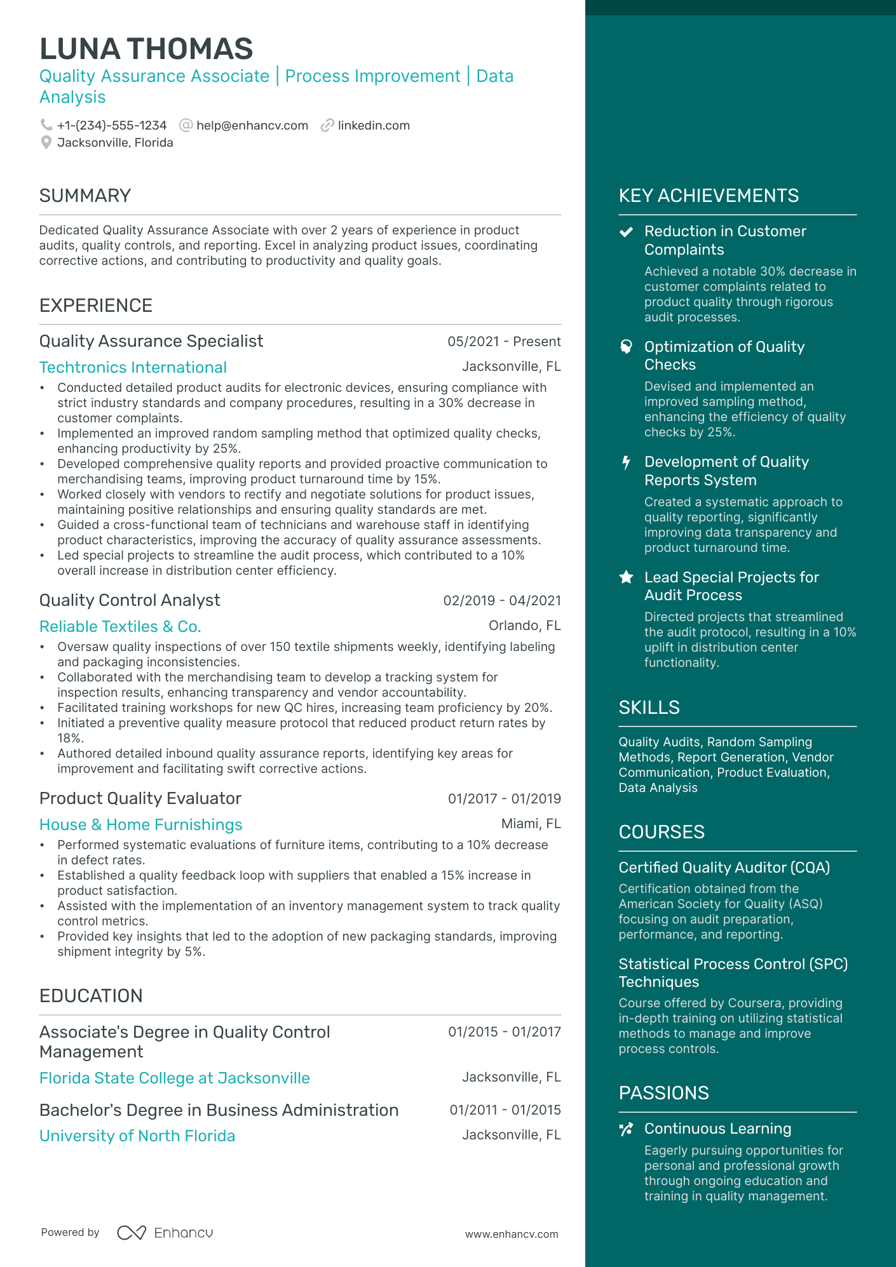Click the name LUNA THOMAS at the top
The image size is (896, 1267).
coord(146,49)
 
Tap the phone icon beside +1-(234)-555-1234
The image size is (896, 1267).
coord(46,125)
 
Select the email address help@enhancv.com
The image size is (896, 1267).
coord(252,126)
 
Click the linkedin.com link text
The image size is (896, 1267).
coord(374,126)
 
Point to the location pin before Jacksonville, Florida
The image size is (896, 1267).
coord(46,143)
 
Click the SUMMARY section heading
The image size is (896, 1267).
coord(85,196)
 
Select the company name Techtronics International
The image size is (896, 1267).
coord(133,368)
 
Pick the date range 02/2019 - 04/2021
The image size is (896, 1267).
coord(502,601)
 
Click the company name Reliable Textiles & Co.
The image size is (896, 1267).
coord(120,627)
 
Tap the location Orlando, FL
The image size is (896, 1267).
coord(524,626)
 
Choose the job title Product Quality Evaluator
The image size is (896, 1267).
coord(140,798)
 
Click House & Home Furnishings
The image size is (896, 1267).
coord(141,825)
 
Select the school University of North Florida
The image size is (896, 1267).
coord(137,1136)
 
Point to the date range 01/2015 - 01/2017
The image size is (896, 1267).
coord(505,1032)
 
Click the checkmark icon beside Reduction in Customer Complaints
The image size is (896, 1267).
coord(626,232)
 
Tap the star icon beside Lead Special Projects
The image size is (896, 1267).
coord(626,577)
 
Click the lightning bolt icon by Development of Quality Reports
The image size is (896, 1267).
coord(626,462)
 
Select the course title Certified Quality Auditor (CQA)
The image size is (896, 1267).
coord(724,868)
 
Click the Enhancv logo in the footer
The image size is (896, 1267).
coord(165,1233)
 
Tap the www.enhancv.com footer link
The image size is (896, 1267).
coord(512,1234)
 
